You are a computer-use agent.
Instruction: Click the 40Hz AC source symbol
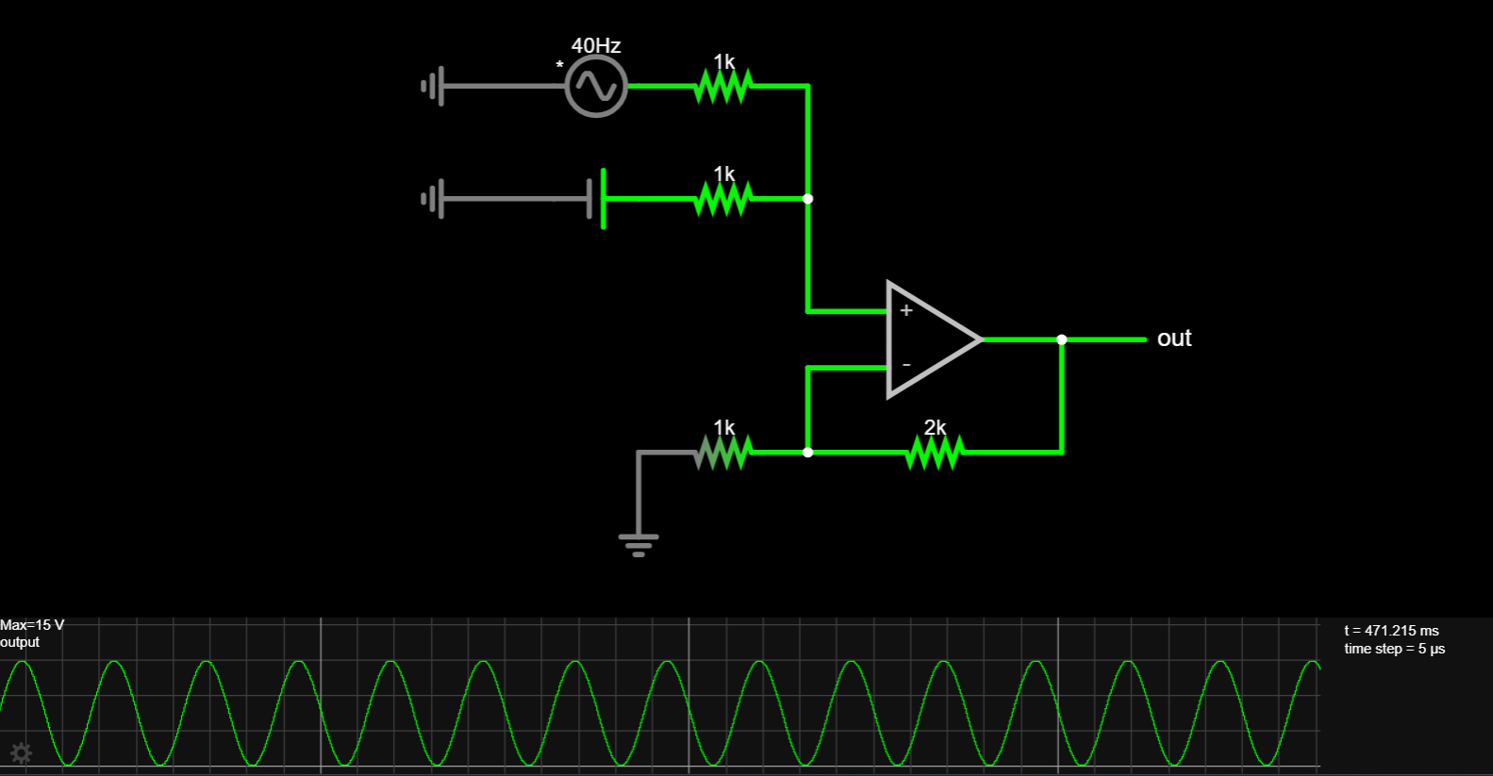pyautogui.click(x=596, y=86)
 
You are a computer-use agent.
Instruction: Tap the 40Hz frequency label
pyautogui.click(x=596, y=45)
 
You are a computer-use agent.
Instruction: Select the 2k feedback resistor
pyautogui.click(x=933, y=453)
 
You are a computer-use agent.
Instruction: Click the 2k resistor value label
pyautogui.click(x=935, y=427)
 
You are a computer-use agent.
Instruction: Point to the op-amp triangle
pyautogui.click(x=929, y=338)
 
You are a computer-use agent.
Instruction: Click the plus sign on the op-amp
pyautogui.click(x=906, y=310)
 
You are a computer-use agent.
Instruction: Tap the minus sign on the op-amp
pyautogui.click(x=906, y=365)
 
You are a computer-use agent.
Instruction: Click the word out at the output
pyautogui.click(x=1174, y=338)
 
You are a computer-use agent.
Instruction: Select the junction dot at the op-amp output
pyautogui.click(x=1062, y=339)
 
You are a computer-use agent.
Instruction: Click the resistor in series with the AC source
pyautogui.click(x=722, y=87)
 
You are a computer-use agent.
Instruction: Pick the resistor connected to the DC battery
pyautogui.click(x=722, y=199)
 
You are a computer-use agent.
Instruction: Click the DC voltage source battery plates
pyautogui.click(x=596, y=199)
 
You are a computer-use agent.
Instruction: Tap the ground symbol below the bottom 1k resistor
pyautogui.click(x=639, y=543)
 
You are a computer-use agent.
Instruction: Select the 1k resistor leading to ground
pyautogui.click(x=722, y=453)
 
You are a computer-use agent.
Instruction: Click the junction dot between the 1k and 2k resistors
pyautogui.click(x=807, y=453)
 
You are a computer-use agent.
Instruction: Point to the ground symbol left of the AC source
pyautogui.click(x=433, y=87)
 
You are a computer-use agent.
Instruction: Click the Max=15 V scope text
pyautogui.click(x=32, y=625)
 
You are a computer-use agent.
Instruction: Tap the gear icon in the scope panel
pyautogui.click(x=21, y=752)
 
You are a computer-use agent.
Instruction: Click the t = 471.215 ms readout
pyautogui.click(x=1391, y=631)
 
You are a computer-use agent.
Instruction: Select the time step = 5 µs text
pyautogui.click(x=1394, y=649)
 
